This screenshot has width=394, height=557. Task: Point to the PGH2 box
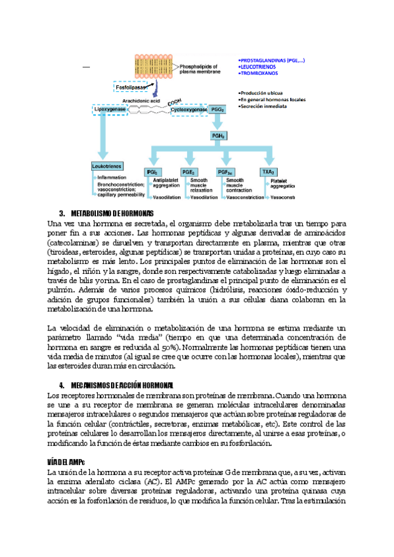pos(219,135)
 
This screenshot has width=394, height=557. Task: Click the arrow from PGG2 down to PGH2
pos(219,123)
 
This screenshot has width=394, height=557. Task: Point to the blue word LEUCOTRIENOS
pos(259,66)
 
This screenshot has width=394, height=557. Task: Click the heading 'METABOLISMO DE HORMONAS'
pos(112,213)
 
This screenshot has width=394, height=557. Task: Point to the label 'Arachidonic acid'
pos(141,100)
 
